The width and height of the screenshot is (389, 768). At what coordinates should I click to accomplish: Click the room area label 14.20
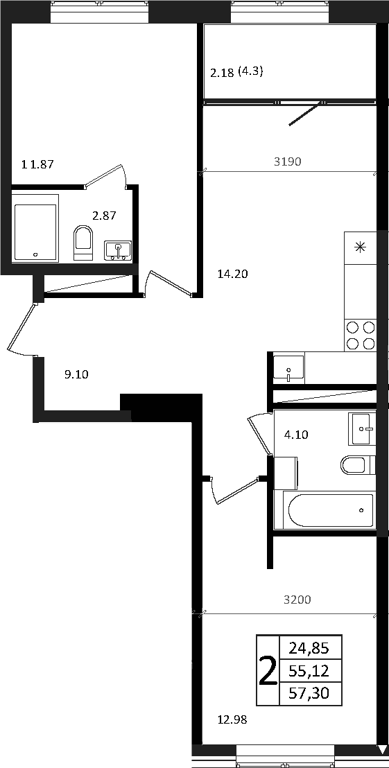pyautogui.click(x=233, y=274)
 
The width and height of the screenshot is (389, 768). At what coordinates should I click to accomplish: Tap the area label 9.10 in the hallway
pyautogui.click(x=76, y=375)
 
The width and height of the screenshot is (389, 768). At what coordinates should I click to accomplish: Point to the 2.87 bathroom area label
pyautogui.click(x=104, y=216)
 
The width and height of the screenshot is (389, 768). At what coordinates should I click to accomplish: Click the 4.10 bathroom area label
pyautogui.click(x=296, y=434)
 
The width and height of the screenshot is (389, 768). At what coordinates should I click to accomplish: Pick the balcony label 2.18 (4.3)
pyautogui.click(x=237, y=73)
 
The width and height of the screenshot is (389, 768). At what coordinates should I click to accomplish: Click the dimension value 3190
pyautogui.click(x=287, y=162)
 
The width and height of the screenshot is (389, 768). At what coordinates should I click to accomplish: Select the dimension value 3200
pyautogui.click(x=298, y=599)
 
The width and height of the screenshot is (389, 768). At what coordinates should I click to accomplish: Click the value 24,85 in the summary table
pyautogui.click(x=309, y=649)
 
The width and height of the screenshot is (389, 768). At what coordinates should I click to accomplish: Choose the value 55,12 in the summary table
pyautogui.click(x=309, y=671)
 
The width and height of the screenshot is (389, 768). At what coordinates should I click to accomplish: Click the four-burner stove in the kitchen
pyautogui.click(x=361, y=335)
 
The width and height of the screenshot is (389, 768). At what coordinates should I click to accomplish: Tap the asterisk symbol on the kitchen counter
pyautogui.click(x=360, y=247)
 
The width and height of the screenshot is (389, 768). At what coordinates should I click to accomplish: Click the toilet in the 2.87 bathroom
pyautogui.click(x=83, y=243)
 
